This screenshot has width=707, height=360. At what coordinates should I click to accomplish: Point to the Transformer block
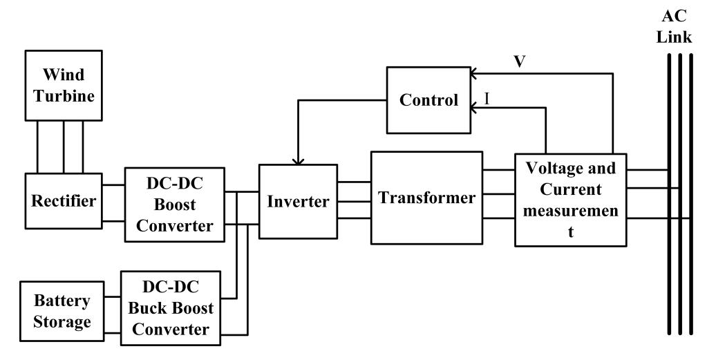pos(426,198)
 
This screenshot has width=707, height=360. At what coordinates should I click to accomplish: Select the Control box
pos(428,100)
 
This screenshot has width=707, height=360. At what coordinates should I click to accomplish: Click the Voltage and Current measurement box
pos(570,200)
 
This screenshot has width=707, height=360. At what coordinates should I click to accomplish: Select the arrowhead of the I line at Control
pos(475,108)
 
